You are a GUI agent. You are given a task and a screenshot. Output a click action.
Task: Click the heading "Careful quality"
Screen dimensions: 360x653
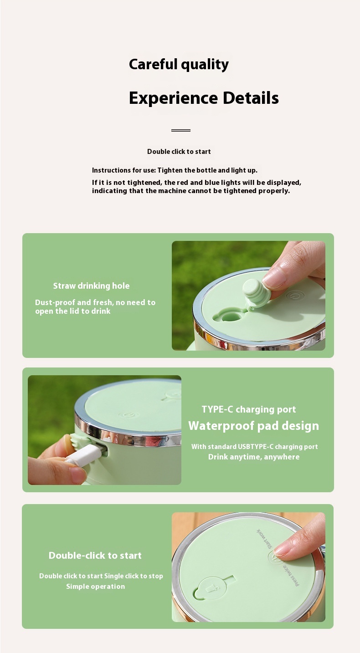tap(179, 64)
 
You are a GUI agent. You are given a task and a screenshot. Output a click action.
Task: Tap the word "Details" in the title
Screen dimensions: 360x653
tap(251, 97)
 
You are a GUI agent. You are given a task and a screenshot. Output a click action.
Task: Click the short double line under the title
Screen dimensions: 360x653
tap(180, 130)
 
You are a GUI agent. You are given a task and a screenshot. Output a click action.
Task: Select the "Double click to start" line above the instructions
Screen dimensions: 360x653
tap(179, 152)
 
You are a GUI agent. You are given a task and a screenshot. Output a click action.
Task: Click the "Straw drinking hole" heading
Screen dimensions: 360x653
tap(91, 286)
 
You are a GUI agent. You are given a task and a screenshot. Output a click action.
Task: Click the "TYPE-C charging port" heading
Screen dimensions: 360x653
tap(249, 409)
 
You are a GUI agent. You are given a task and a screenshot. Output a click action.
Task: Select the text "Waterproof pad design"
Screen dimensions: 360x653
tap(253, 426)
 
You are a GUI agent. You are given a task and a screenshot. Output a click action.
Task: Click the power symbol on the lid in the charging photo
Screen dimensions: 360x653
tap(127, 414)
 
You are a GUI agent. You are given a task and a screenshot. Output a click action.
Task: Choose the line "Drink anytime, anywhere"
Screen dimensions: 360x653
tap(254, 457)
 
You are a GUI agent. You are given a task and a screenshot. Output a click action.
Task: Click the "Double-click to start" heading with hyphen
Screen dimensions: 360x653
tap(95, 556)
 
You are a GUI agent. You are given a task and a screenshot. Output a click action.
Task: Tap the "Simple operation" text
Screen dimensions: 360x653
tap(95, 586)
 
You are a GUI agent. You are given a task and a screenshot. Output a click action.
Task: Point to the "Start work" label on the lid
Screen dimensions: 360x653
tap(264, 538)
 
